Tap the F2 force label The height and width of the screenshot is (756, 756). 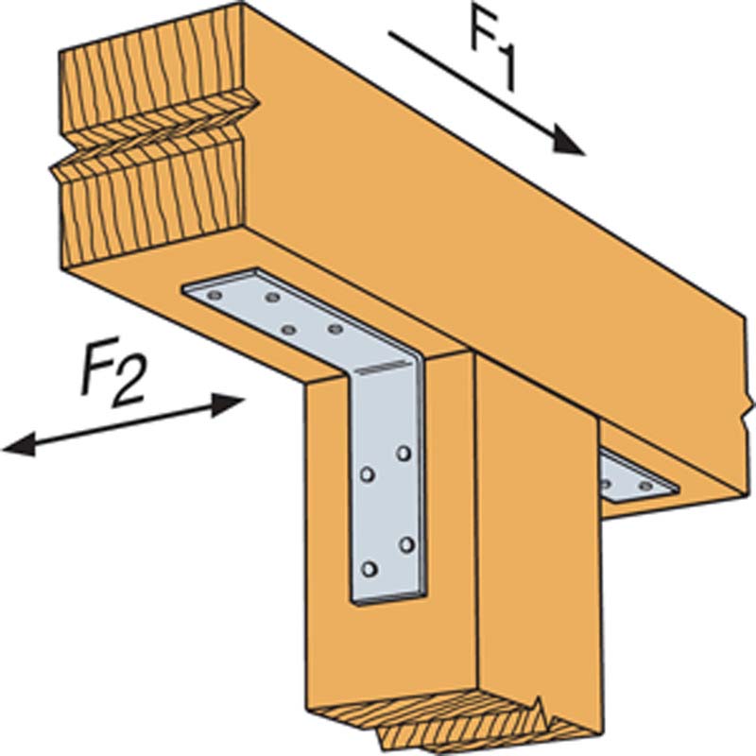(x=112, y=372)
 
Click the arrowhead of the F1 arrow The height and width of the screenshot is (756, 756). (x=568, y=140)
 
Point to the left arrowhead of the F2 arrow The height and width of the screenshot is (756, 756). (x=19, y=444)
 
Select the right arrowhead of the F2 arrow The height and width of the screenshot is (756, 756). (x=228, y=404)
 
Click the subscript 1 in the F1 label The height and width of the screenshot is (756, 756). (x=504, y=67)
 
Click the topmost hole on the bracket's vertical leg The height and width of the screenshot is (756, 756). (x=404, y=454)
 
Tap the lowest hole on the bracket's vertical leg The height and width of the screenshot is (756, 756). (x=369, y=570)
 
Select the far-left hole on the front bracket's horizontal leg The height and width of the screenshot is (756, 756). (x=215, y=295)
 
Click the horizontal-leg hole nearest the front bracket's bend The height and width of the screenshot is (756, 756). (x=335, y=329)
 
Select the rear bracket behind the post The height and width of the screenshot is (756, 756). (x=637, y=476)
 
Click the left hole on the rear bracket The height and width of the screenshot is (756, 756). (x=606, y=483)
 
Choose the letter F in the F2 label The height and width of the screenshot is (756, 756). (x=99, y=364)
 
